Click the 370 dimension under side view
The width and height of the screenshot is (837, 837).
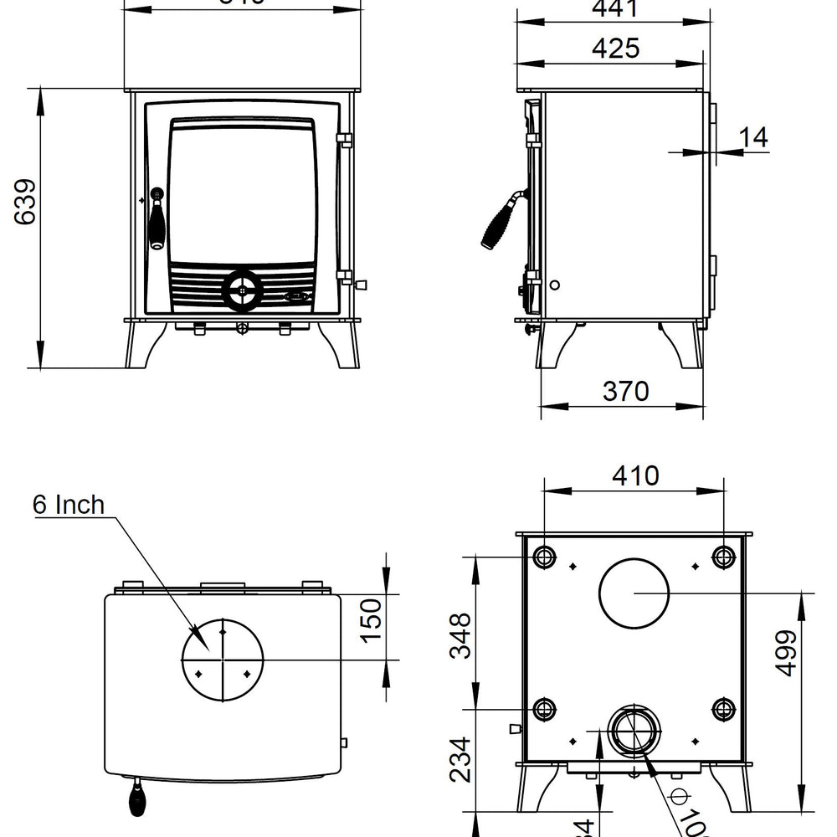click(625, 391)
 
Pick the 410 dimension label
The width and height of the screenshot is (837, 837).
click(634, 475)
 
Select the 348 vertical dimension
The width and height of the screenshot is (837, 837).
click(460, 636)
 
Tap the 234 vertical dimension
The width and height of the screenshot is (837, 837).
click(460, 759)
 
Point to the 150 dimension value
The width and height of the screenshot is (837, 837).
click(370, 619)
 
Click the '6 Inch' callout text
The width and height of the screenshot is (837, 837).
click(69, 505)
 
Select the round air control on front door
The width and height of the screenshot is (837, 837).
click(242, 290)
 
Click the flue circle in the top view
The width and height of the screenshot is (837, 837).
click(223, 660)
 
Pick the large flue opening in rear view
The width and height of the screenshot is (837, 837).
click(634, 593)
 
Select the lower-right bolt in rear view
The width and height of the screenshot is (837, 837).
click(723, 710)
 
